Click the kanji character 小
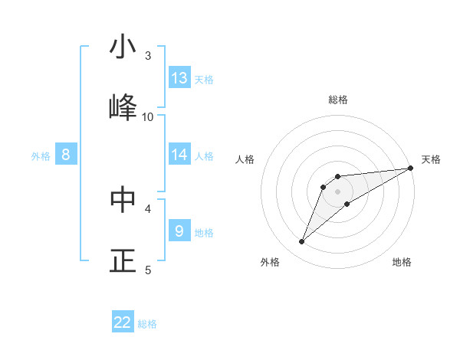(123, 47)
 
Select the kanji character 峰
(123, 107)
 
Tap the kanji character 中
(123, 198)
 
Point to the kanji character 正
(123, 260)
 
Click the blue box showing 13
(179, 78)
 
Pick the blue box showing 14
(179, 155)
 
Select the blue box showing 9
(179, 231)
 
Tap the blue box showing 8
(66, 155)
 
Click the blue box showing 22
(123, 322)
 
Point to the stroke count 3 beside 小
(148, 55)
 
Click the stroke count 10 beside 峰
(148, 116)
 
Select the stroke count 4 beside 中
(148, 208)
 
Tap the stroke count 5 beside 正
(148, 269)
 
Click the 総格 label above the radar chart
(338, 100)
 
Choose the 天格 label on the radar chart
(431, 159)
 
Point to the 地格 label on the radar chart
(402, 262)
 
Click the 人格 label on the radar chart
(245, 159)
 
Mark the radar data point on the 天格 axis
(410, 169)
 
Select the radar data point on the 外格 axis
(301, 242)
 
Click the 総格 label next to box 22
(147, 324)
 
